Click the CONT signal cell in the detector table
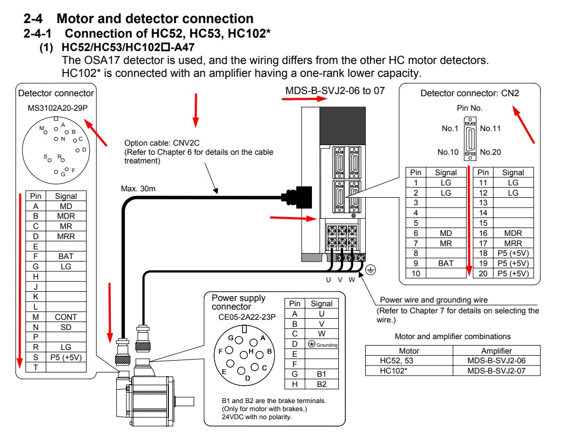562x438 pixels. (66, 317)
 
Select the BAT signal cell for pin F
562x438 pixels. (66, 256)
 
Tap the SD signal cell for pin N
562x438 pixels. (66, 327)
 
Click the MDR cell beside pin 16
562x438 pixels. (513, 233)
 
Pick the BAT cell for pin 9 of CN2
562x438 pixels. (446, 263)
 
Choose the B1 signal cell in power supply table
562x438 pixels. (322, 374)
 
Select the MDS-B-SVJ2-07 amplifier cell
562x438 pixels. (496, 371)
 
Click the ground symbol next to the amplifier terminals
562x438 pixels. (371, 270)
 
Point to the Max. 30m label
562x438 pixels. (138, 189)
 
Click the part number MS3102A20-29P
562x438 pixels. (58, 108)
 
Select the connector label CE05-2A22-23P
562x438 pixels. (247, 317)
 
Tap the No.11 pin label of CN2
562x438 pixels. (490, 128)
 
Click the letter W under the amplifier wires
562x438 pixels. (352, 279)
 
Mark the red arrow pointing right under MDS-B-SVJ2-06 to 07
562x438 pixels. (304, 99)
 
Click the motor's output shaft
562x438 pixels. (184, 401)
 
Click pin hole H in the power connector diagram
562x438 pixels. (244, 355)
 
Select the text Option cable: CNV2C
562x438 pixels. (162, 143)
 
